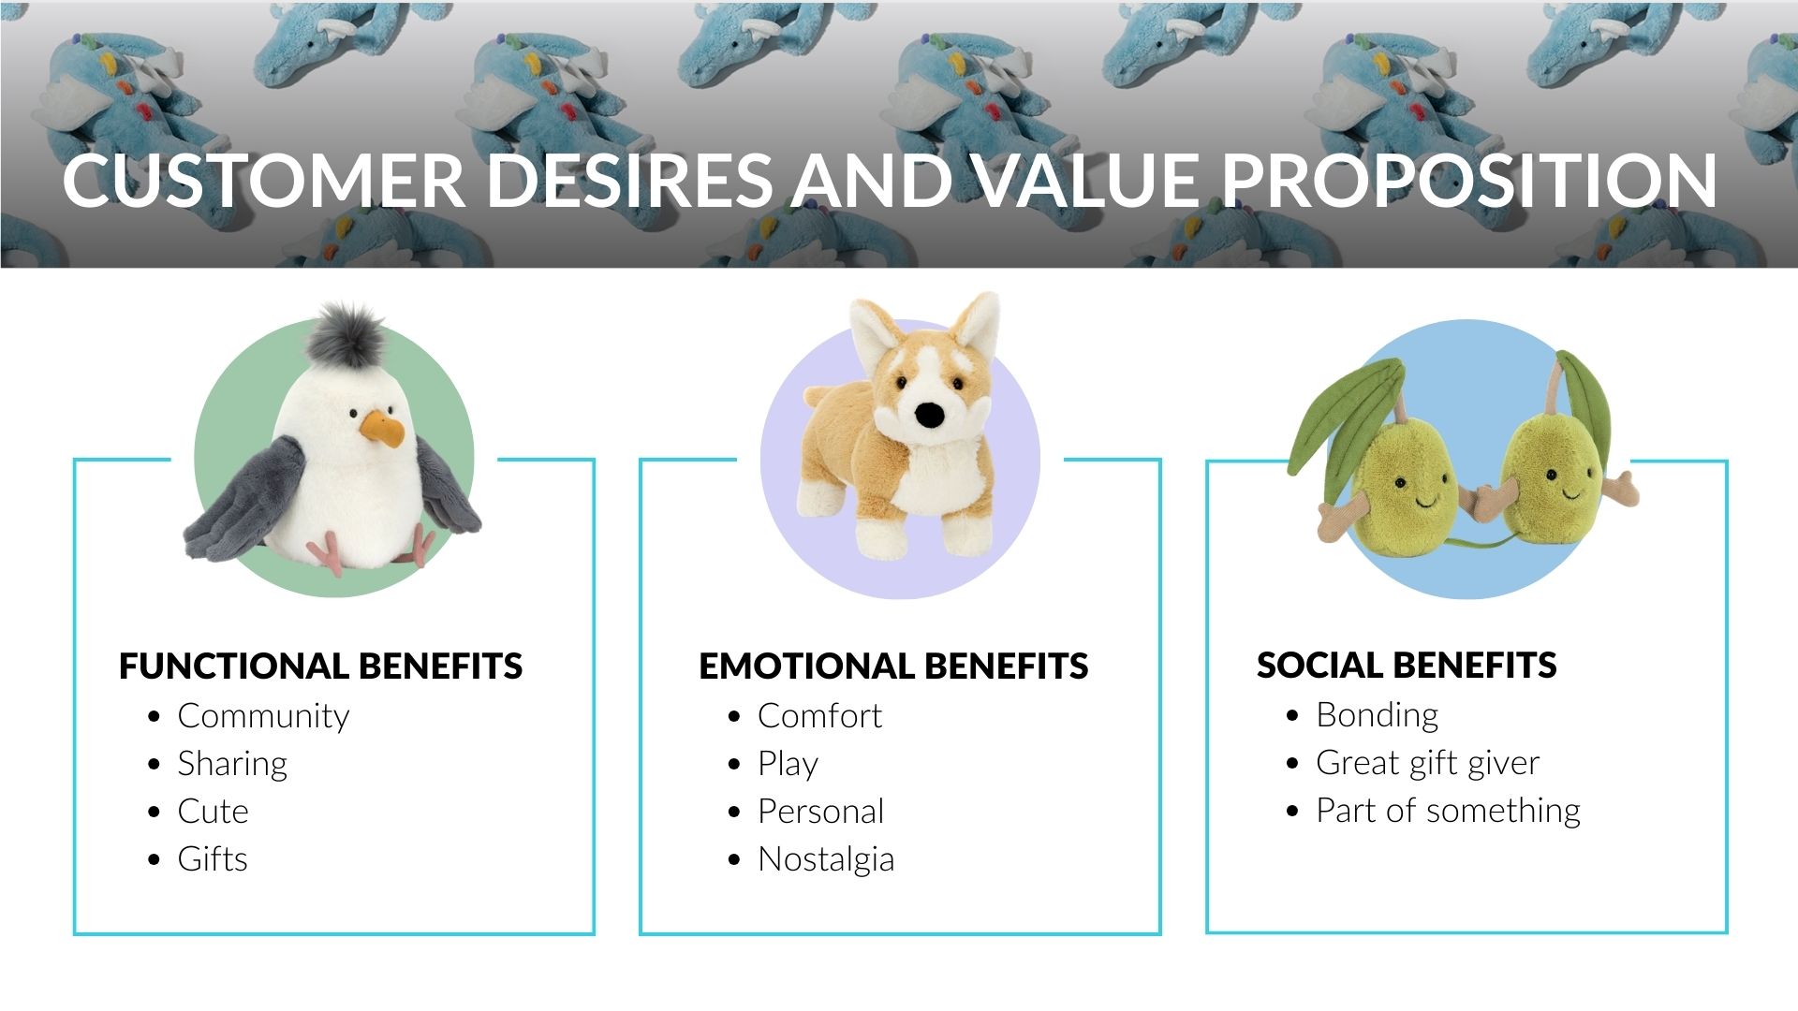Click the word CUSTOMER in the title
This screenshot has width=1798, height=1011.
[263, 180]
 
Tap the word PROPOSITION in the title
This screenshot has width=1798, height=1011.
[1469, 180]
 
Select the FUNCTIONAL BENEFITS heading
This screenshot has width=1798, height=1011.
[320, 666]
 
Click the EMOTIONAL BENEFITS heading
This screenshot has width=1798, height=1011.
[893, 666]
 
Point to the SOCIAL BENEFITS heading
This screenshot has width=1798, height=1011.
[1407, 665]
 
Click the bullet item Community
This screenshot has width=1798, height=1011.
[263, 716]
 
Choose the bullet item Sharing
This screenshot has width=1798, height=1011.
[232, 764]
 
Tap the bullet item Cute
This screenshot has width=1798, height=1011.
[213, 811]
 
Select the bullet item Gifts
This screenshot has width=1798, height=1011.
[213, 858]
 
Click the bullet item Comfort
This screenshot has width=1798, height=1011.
[819, 716]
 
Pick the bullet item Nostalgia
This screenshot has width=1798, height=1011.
[826, 859]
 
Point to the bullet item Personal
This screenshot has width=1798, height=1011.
[820, 811]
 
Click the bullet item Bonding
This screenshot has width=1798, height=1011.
[1377, 715]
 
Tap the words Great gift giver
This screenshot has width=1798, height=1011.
[1427, 763]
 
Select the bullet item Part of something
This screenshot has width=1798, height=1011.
[1448, 811]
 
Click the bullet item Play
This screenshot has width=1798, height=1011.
[788, 764]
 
